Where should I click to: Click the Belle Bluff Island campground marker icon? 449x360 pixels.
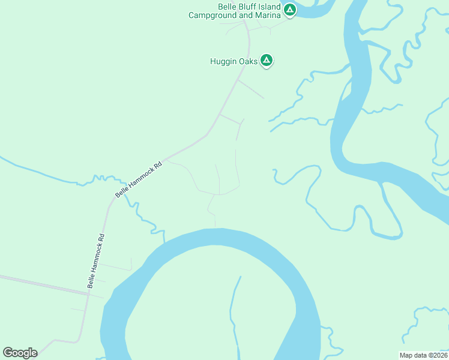click(x=290, y=10)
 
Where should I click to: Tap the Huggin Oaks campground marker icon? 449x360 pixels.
click(x=267, y=60)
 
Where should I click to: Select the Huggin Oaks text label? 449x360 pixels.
click(x=234, y=61)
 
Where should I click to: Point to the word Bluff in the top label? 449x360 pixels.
click(x=241, y=6)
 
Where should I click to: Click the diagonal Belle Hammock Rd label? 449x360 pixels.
click(x=139, y=179)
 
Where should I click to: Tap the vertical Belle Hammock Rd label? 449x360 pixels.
click(x=96, y=260)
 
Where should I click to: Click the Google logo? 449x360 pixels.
click(x=20, y=353)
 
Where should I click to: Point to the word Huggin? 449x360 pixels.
click(x=224, y=61)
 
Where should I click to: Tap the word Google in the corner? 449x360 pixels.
click(x=20, y=353)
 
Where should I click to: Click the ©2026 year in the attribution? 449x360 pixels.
click(x=435, y=355)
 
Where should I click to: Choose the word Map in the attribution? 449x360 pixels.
click(x=406, y=355)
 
